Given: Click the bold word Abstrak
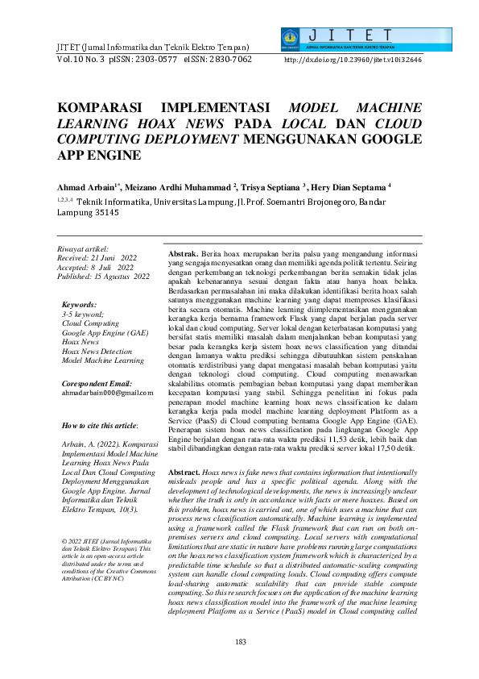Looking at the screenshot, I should pyautogui.click(x=182, y=253).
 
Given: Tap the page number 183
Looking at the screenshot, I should pyautogui.click(x=240, y=641).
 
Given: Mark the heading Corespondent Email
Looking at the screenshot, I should pyautogui.click(x=97, y=382).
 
